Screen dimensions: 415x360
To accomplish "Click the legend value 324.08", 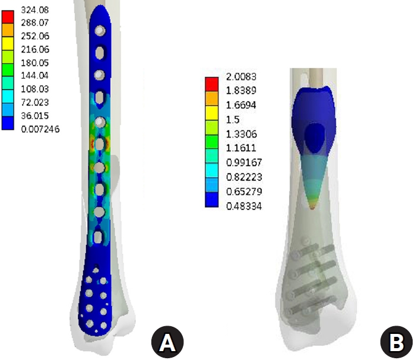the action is tap(35, 10).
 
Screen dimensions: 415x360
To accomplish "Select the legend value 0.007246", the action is tap(40, 129).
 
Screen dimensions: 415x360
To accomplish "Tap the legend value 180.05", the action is tap(35, 63).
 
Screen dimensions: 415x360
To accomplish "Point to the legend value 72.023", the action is tap(35, 102).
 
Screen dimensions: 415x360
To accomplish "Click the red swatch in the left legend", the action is tap(8, 17).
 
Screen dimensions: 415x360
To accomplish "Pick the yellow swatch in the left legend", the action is tap(8, 44).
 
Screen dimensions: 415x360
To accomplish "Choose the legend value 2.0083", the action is tap(241, 77).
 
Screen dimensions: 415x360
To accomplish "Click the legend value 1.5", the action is tap(233, 119).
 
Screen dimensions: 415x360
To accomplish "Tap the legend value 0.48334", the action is tap(244, 206).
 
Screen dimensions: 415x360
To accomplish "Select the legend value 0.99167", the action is tap(244, 163).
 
